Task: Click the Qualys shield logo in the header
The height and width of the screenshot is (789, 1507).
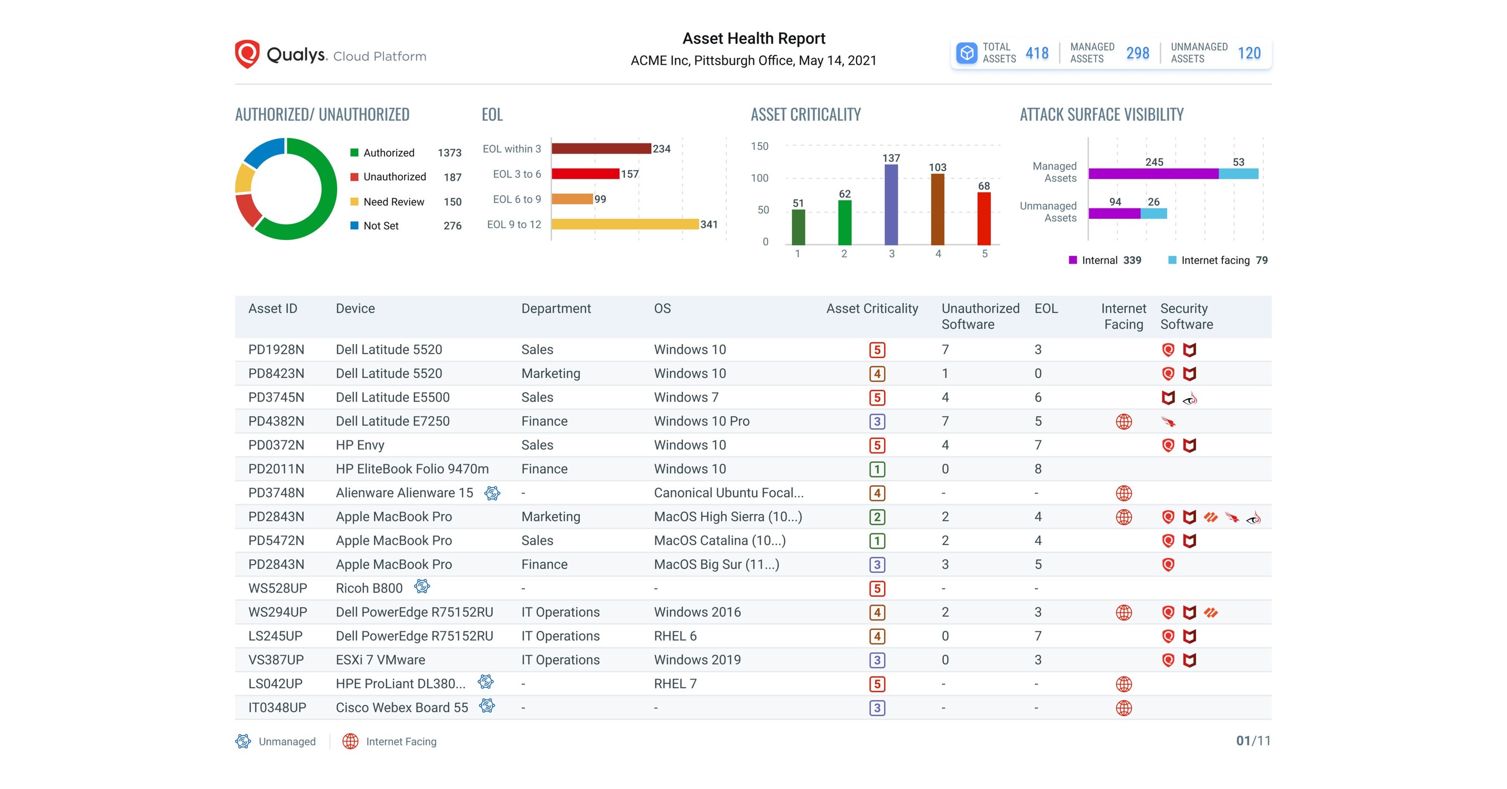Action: [247, 54]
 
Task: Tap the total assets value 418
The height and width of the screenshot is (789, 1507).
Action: [1036, 53]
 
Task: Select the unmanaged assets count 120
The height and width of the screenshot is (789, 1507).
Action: [1249, 53]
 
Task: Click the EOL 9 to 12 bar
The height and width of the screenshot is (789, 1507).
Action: [625, 224]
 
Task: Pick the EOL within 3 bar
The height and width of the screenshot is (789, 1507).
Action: [601, 149]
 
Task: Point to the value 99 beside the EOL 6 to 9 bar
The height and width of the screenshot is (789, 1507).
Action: [600, 199]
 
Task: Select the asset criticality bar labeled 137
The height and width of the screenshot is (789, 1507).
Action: [891, 204]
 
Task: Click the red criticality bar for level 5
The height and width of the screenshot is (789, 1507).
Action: [984, 218]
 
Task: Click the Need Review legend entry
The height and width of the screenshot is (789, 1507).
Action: [393, 202]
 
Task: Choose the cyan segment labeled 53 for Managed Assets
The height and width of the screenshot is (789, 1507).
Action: [1238, 174]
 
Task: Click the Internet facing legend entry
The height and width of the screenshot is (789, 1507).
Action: [1215, 260]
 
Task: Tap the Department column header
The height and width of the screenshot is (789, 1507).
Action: [556, 308]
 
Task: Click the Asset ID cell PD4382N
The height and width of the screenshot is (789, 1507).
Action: [276, 422]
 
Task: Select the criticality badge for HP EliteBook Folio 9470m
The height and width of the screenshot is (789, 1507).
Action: [876, 470]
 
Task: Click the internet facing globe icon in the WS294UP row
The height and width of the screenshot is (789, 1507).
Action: [1123, 613]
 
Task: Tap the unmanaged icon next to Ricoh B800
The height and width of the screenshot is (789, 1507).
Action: [422, 586]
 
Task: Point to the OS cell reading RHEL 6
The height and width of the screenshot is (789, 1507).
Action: [675, 636]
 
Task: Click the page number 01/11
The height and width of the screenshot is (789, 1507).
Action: [1252, 741]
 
